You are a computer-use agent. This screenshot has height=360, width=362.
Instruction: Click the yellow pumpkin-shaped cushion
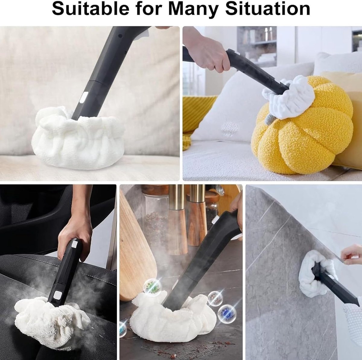point(303,128)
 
